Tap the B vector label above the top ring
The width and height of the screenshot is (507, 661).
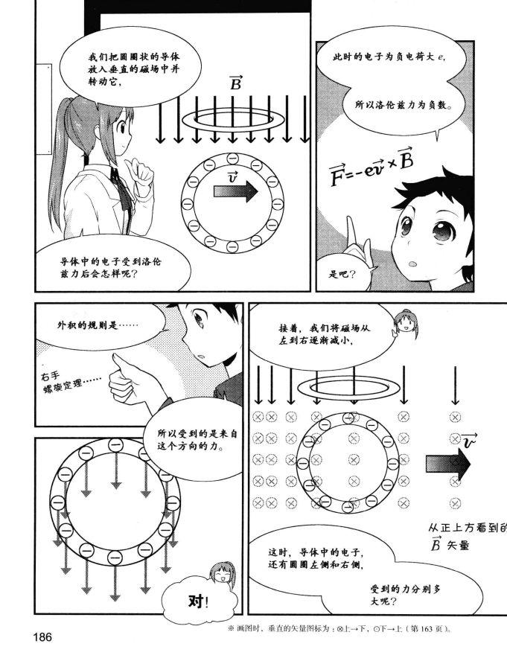coord(235,83)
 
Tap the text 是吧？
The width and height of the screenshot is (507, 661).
coord(342,275)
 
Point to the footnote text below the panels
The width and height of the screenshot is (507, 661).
coord(350,629)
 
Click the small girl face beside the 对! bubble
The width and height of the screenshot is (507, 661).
coord(221,573)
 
